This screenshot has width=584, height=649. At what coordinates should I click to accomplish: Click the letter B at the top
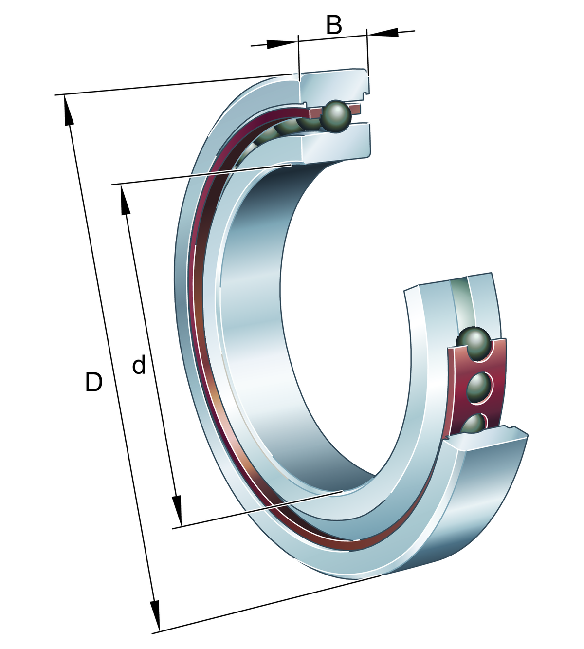coord(334,25)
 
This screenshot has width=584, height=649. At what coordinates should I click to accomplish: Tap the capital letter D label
coord(93,382)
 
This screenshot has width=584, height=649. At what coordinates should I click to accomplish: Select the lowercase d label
coord(139,365)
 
